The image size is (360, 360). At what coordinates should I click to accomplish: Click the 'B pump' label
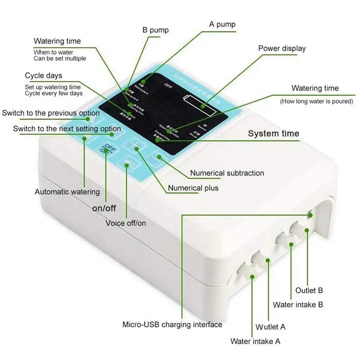[x=155, y=29]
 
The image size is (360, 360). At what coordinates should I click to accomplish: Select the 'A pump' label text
[x=222, y=24]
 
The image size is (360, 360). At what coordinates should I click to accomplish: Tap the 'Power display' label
[x=282, y=48]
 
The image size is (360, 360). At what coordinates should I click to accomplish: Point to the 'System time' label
[x=273, y=134]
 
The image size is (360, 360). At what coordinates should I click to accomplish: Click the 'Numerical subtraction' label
[x=227, y=173]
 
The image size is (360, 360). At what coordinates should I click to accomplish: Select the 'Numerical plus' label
[x=193, y=188]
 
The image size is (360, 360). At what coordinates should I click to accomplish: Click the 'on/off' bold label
[x=104, y=208]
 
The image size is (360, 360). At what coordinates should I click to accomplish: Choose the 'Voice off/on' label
[x=126, y=223]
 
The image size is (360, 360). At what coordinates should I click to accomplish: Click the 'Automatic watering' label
[x=67, y=192]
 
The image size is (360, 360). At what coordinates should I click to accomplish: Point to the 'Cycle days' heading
[x=44, y=76]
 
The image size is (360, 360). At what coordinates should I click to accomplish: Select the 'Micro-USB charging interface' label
[x=172, y=325]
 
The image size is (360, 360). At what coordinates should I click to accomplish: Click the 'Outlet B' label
[x=309, y=290]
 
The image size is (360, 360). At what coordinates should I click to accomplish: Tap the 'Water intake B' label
[x=298, y=305]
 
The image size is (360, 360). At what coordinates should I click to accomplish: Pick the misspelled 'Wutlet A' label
[x=270, y=327]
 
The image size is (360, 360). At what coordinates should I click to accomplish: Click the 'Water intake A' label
[x=255, y=341]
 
